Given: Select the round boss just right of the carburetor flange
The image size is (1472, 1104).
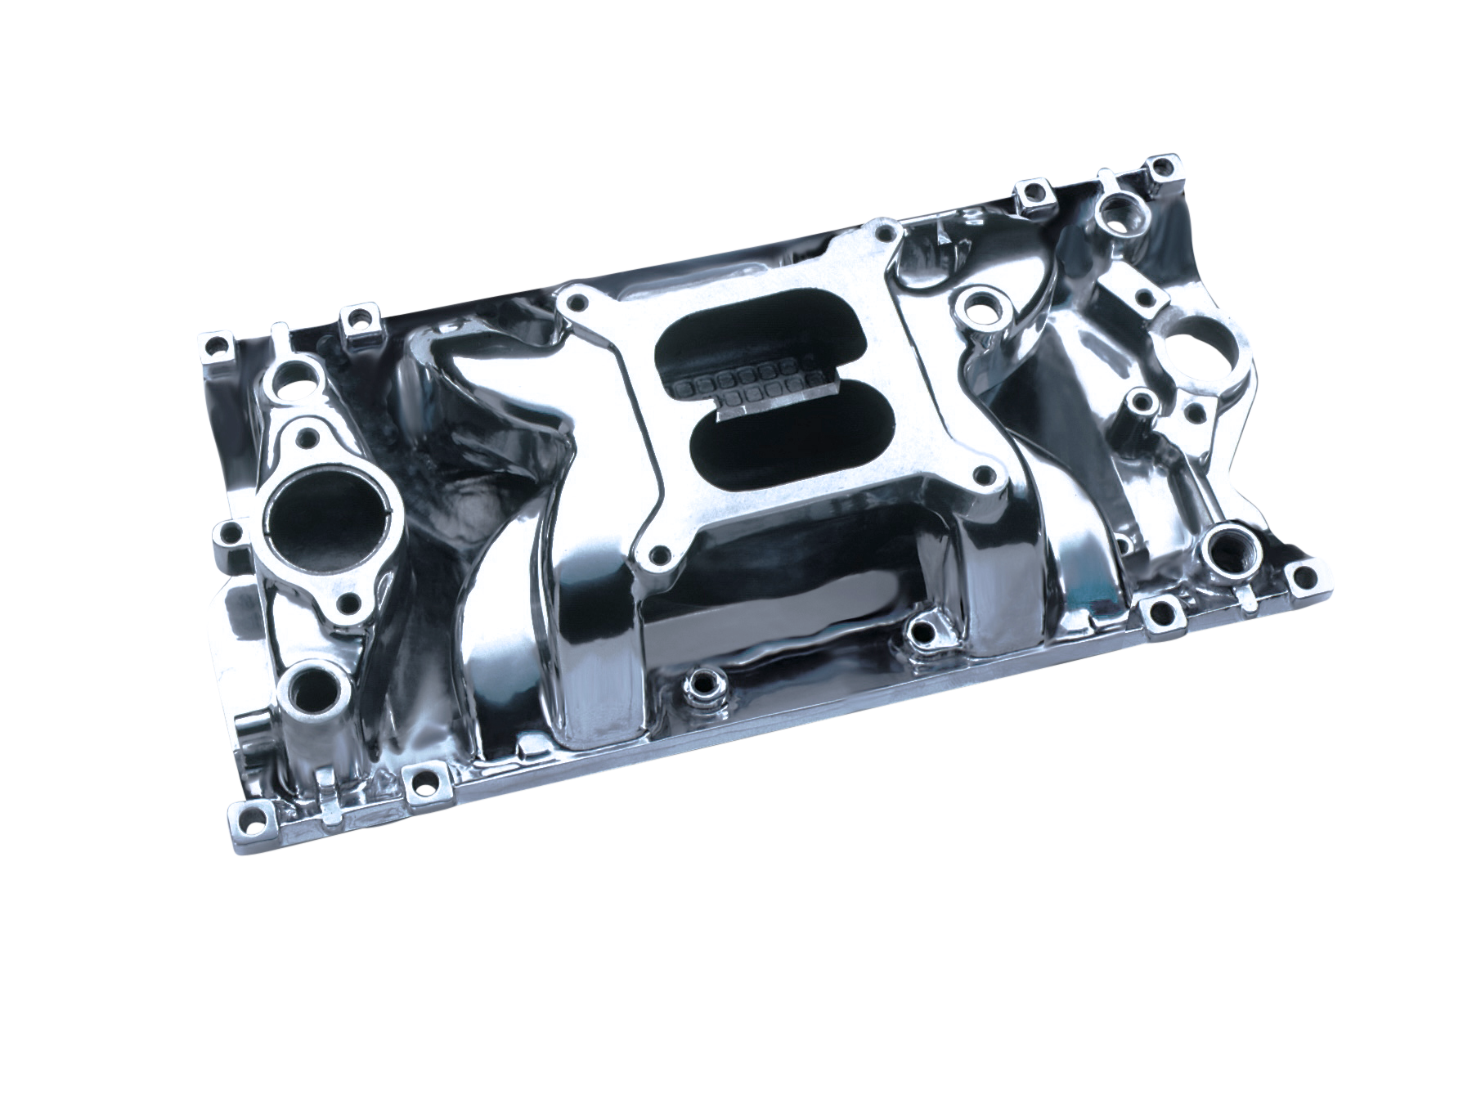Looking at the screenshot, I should pos(976,308).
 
